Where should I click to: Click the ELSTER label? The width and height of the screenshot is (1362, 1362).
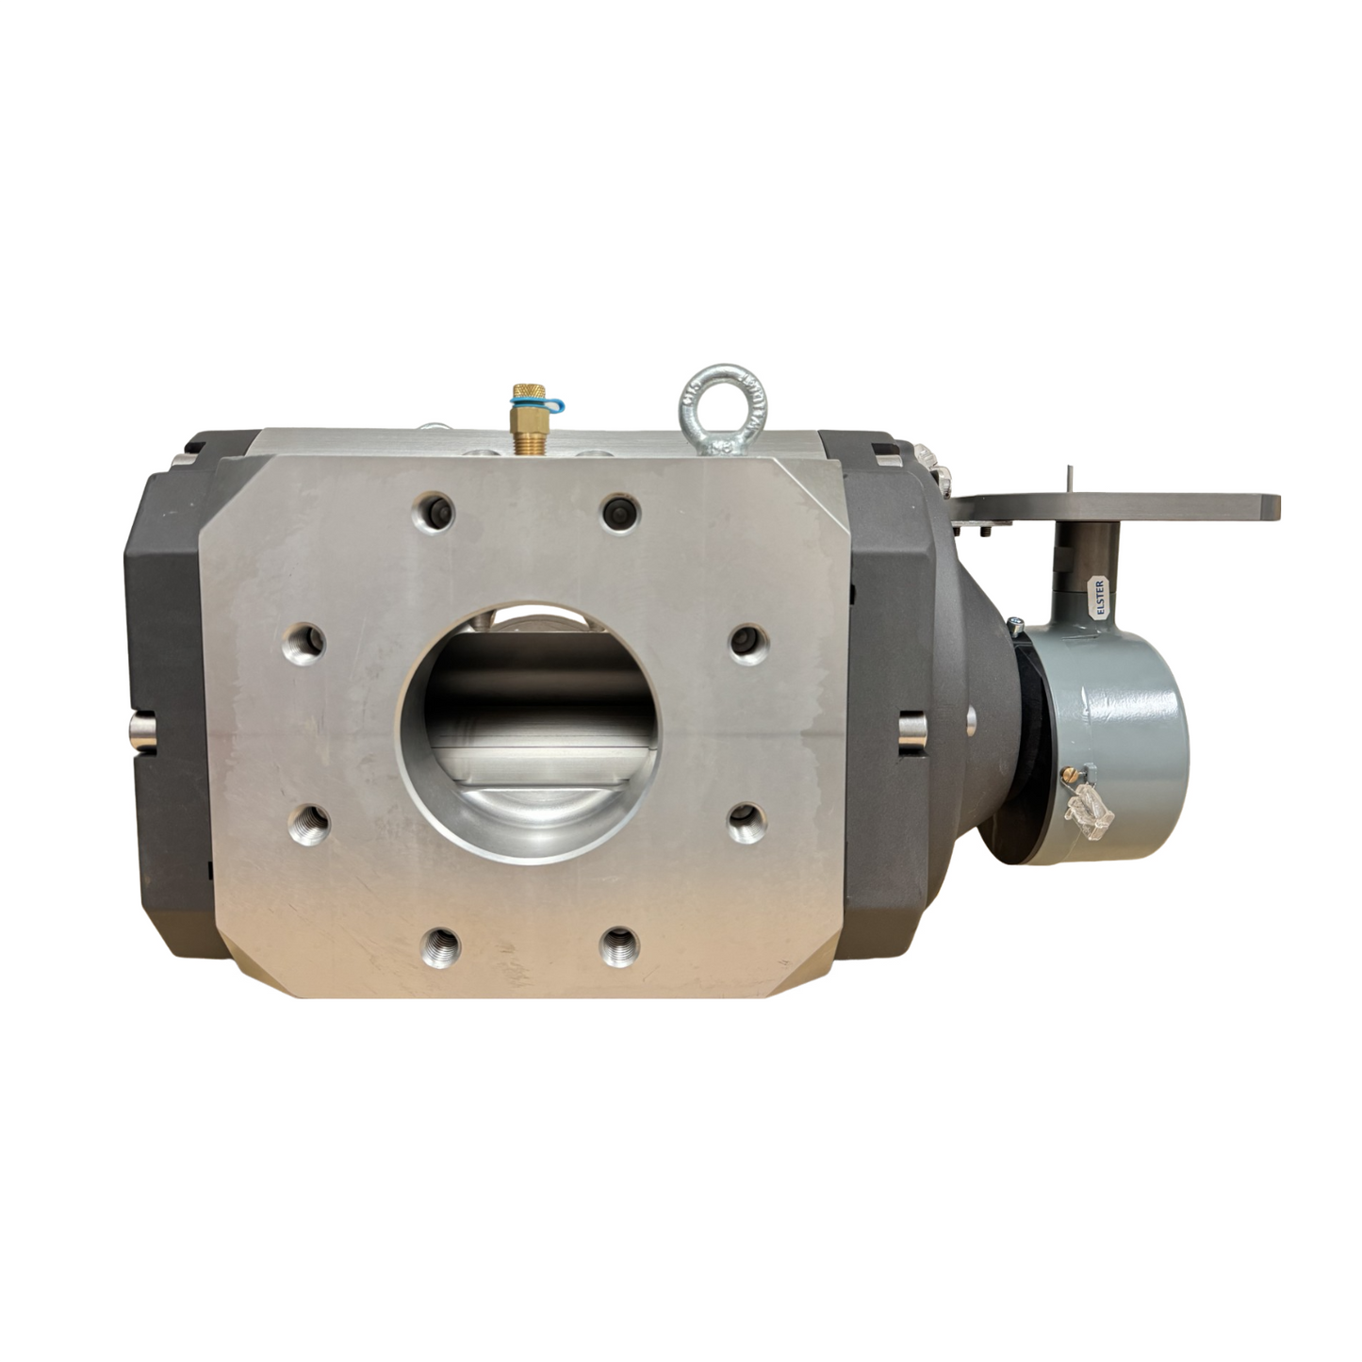click(1099, 597)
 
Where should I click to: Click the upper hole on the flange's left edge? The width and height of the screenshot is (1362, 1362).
click(304, 643)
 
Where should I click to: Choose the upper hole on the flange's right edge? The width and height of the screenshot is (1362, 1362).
click(750, 640)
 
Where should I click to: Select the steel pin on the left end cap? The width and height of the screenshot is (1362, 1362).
click(139, 730)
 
